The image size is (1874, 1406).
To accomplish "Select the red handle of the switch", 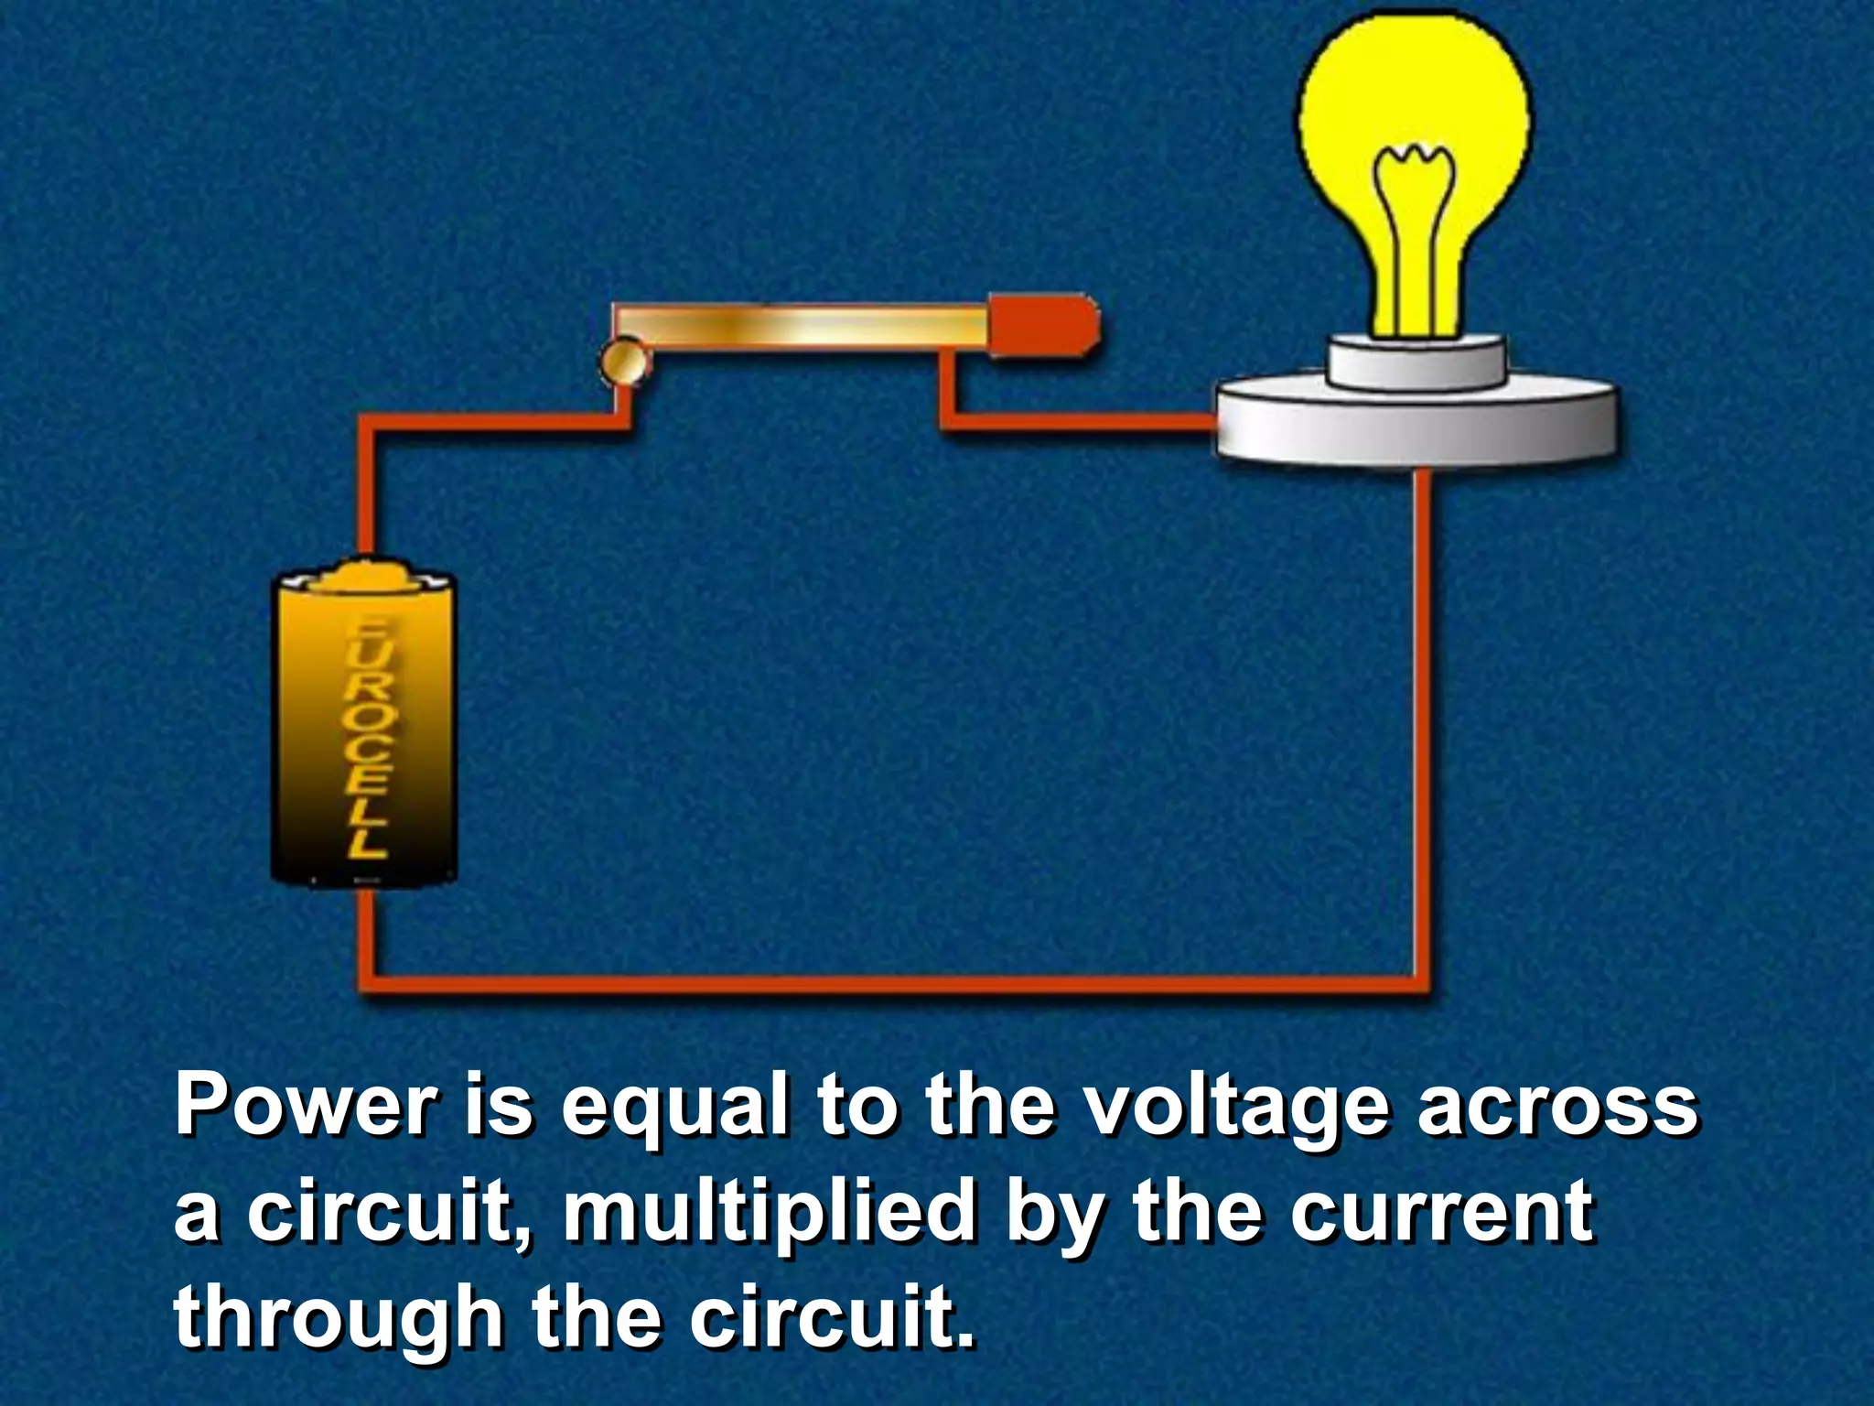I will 1043,325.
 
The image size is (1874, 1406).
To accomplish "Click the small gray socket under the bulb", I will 1416,362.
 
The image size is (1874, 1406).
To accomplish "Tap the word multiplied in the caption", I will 769,1213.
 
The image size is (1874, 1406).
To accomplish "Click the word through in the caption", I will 339,1318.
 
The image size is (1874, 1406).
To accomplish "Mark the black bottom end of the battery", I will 364,870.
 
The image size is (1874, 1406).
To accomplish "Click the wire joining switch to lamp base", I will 1080,422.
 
